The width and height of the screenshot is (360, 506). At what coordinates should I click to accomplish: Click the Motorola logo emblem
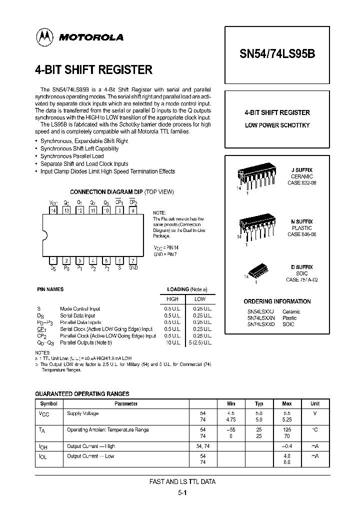45,36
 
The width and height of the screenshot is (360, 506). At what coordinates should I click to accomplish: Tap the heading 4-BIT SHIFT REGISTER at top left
93,69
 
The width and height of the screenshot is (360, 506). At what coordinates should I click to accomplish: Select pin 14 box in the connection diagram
53,211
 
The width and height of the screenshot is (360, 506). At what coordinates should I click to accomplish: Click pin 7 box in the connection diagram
132,260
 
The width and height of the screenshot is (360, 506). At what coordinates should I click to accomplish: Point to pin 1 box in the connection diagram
53,260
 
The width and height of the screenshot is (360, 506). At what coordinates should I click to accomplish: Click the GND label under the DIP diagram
132,268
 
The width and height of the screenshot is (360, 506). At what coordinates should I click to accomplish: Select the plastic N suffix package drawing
257,228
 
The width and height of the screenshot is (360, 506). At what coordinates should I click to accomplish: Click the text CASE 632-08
301,183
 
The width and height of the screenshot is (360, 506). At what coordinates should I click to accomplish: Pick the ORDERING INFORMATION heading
277,301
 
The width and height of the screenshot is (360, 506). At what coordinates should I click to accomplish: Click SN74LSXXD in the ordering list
261,324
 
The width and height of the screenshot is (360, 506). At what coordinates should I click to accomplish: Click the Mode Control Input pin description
80,309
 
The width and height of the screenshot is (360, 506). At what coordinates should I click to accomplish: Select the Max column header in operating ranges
287,403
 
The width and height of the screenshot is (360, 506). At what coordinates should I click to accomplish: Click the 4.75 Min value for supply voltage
230,420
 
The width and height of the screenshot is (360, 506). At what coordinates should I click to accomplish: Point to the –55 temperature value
230,430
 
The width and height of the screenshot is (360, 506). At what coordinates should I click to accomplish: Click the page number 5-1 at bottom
182,492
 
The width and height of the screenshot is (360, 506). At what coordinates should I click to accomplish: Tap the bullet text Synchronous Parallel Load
72,156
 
